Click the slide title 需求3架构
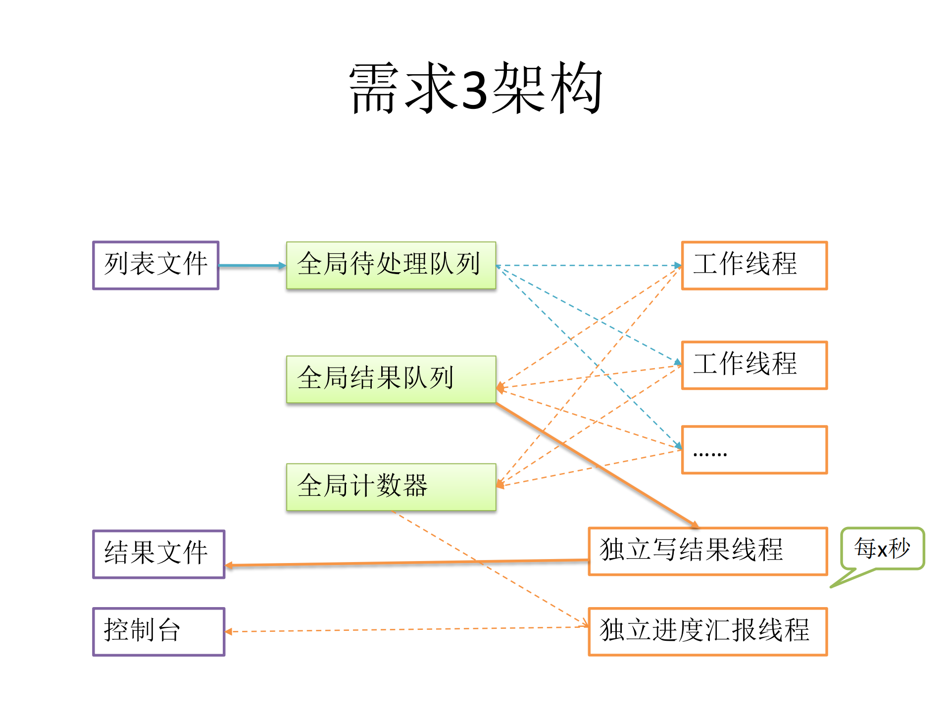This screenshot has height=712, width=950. pyautogui.click(x=475, y=88)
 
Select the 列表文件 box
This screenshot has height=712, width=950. pyautogui.click(x=155, y=265)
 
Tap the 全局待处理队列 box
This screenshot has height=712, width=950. pyautogui.click(x=391, y=265)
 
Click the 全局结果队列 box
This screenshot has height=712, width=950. pyautogui.click(x=391, y=379)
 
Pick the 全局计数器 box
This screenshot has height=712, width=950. pyautogui.click(x=391, y=487)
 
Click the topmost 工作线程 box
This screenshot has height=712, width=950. pyautogui.click(x=754, y=265)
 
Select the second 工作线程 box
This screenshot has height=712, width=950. pyautogui.click(x=754, y=365)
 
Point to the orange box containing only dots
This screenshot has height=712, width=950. pyautogui.click(x=754, y=450)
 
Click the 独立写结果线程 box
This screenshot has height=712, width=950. pyautogui.click(x=707, y=551)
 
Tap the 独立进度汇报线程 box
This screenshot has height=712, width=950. pyautogui.click(x=707, y=631)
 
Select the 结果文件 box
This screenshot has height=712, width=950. pyautogui.click(x=158, y=554)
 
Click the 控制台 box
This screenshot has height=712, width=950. pyautogui.click(x=158, y=632)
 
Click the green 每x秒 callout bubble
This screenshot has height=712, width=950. pyautogui.click(x=882, y=548)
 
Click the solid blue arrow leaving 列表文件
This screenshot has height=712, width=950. pyautogui.click(x=251, y=266)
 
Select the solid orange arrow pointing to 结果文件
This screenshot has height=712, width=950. pyautogui.click(x=406, y=563)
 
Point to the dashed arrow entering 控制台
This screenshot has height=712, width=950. pyautogui.click(x=406, y=629)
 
